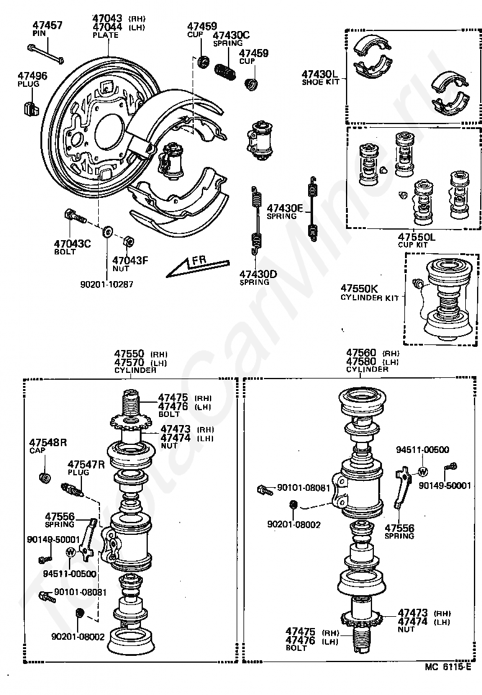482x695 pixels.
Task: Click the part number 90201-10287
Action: click(107, 284)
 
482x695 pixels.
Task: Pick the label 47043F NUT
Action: click(130, 264)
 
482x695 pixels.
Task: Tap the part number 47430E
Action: click(284, 208)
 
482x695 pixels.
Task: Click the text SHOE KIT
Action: click(321, 82)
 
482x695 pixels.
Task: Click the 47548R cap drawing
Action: click(44, 477)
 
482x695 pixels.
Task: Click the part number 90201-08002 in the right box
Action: click(294, 524)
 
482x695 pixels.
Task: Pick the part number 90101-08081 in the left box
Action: click(79, 592)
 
